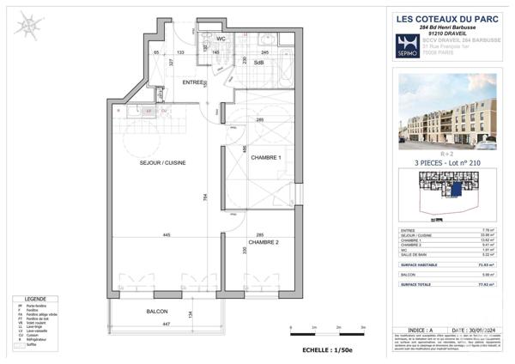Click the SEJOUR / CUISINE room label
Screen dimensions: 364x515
point(162,162)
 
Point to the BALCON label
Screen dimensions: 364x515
point(156,311)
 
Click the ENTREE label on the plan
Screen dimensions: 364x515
point(193,82)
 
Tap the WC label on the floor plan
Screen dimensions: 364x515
point(221,39)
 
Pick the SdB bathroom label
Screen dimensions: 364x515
point(257,63)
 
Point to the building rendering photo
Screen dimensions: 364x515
point(447,111)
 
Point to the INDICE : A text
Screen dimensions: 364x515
point(421,327)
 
